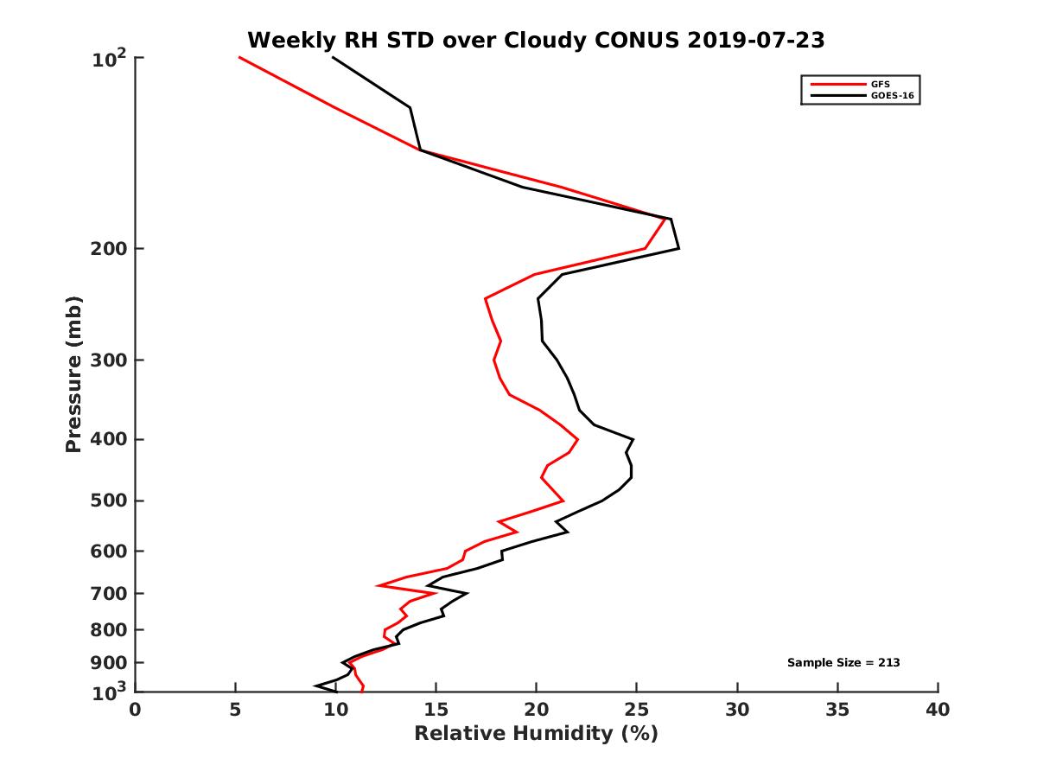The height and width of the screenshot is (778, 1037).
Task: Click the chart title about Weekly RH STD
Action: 536,40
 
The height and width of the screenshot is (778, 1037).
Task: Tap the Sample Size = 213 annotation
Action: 843,663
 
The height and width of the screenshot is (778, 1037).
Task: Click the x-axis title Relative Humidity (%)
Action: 536,734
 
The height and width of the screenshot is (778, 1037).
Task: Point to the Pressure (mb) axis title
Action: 73,374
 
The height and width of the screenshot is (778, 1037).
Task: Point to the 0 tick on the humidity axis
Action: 135,710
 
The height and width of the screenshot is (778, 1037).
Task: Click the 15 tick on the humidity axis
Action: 436,710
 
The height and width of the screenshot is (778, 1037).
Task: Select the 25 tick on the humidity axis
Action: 636,710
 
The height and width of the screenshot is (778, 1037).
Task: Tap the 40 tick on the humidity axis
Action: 938,710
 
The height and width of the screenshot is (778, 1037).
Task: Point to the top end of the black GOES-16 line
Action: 333,57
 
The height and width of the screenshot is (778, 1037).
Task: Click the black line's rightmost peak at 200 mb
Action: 678,248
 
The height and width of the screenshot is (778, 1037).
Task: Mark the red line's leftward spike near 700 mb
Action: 378,585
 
